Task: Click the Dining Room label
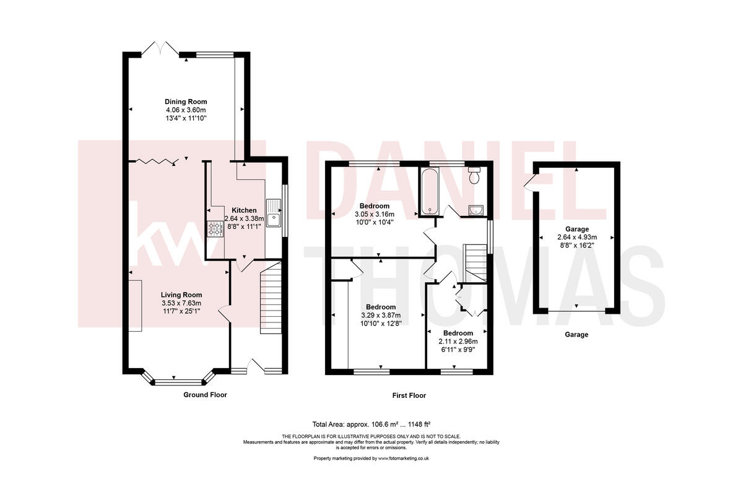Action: tap(186, 101)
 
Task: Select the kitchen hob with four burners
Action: tap(215, 230)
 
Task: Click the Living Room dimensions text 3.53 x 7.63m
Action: tap(181, 303)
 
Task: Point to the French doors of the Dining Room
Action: tap(160, 49)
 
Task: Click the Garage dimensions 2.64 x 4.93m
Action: tap(576, 237)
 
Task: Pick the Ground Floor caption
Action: tap(206, 394)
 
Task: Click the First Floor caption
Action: tap(409, 395)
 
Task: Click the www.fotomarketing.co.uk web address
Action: tap(404, 458)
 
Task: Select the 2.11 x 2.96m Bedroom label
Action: tap(458, 341)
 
